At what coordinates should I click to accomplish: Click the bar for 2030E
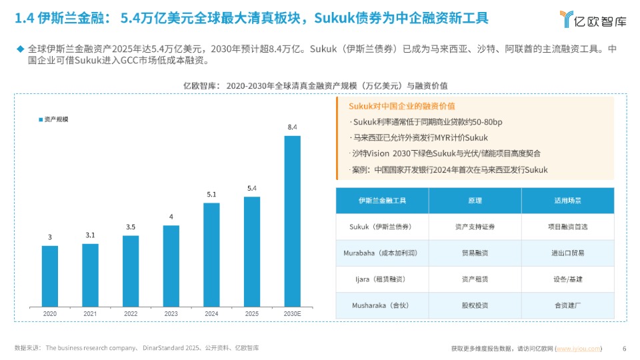292,220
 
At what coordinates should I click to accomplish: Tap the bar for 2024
211,253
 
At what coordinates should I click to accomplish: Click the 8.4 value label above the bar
292,127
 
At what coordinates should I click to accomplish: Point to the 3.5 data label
131,227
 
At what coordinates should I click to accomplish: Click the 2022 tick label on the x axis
131,313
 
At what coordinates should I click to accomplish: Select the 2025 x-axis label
252,313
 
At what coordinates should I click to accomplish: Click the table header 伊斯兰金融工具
382,201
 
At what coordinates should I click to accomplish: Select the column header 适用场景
567,201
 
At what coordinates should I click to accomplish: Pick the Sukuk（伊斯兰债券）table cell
382,227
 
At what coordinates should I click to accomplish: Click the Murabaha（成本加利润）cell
382,253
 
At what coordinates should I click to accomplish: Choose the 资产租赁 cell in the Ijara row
475,279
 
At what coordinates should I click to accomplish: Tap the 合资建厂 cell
567,305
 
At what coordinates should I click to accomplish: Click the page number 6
624,348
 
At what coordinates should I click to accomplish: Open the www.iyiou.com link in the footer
578,348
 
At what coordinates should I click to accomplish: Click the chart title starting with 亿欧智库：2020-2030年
315,85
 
